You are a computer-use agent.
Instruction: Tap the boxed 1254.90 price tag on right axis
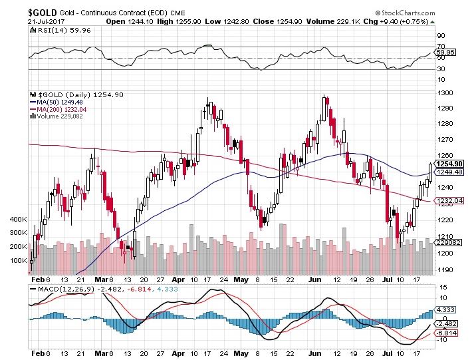point(449,164)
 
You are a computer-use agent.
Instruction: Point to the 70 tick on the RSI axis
point(440,47)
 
